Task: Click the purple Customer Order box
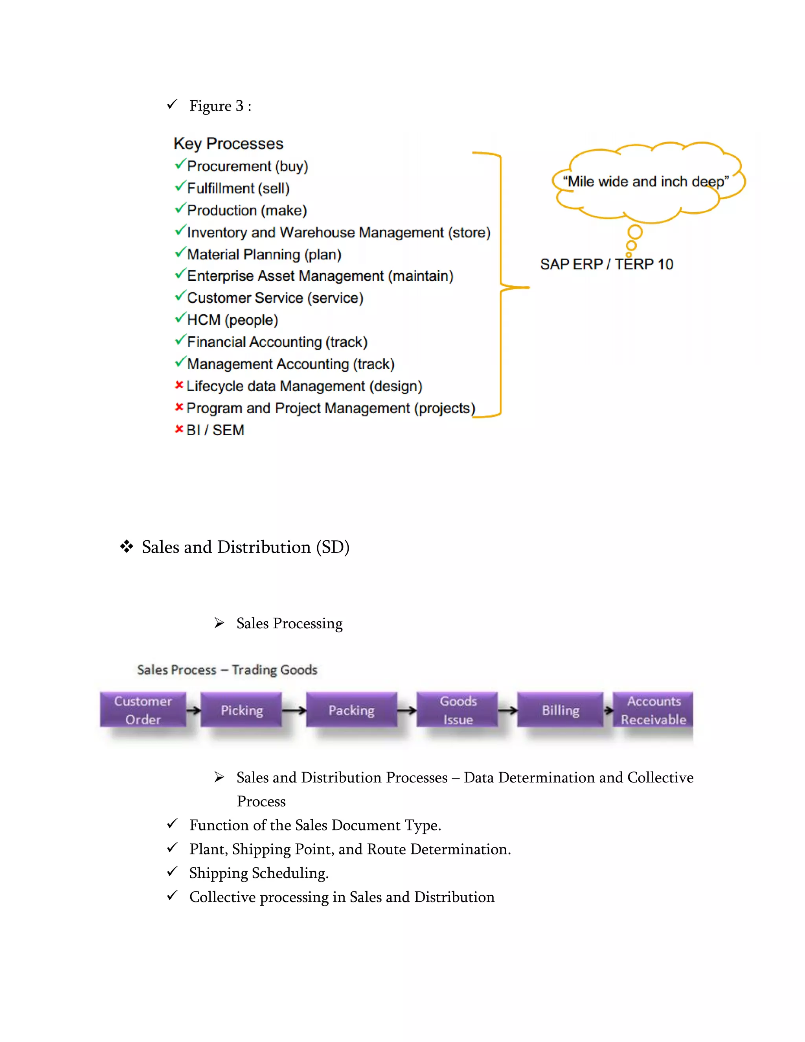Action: [x=143, y=710]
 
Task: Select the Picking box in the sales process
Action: [x=241, y=710]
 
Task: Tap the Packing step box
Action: [x=351, y=710]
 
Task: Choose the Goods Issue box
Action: [x=458, y=710]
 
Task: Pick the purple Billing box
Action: [x=561, y=710]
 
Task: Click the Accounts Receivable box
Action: [x=653, y=710]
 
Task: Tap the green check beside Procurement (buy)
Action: [x=180, y=165]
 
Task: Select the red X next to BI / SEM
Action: [x=179, y=429]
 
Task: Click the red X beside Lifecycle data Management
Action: [x=179, y=385]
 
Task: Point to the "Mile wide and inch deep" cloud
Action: [x=646, y=182]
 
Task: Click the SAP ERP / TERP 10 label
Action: [x=606, y=264]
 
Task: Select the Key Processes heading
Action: [x=228, y=144]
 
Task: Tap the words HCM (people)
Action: [x=232, y=320]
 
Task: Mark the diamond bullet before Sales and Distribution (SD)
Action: [x=127, y=546]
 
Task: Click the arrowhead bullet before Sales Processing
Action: [x=219, y=622]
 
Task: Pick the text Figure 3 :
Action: [x=221, y=106]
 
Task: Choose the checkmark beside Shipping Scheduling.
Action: [x=172, y=871]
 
